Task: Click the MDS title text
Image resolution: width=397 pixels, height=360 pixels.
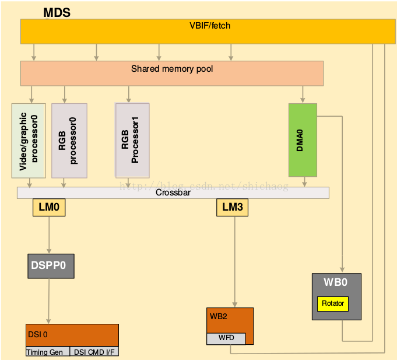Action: click(57, 13)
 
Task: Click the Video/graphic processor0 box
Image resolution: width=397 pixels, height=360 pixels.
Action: click(29, 141)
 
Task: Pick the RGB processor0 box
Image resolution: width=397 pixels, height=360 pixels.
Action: click(69, 141)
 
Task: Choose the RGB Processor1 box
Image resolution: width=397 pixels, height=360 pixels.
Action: click(132, 141)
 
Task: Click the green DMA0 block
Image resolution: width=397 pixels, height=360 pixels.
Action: click(303, 139)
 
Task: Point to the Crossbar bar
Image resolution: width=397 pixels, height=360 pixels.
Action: click(173, 193)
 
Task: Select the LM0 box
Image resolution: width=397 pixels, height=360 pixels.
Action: click(48, 207)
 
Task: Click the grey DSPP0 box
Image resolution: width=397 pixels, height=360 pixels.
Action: click(51, 265)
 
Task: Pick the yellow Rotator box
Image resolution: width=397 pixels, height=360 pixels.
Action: click(333, 303)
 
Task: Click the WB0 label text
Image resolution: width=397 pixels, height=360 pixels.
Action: click(336, 283)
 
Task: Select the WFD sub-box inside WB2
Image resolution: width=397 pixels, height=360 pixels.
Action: click(226, 338)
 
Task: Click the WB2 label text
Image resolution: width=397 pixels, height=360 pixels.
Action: click(218, 317)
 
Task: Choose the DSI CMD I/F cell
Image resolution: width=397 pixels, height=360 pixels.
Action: click(94, 352)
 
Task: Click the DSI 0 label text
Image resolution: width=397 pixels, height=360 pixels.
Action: click(37, 334)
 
